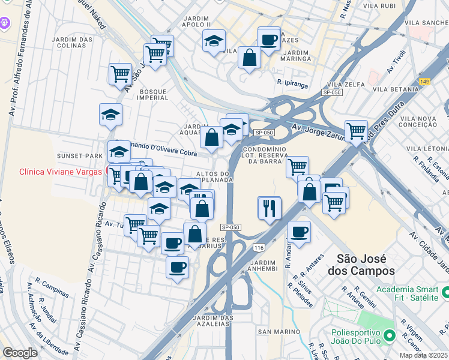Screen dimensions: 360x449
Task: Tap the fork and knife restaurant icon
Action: click(269, 208)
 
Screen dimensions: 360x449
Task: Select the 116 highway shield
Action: click(259, 247)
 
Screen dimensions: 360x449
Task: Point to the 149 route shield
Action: click(425, 82)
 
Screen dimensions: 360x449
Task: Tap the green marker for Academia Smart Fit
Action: click(444, 292)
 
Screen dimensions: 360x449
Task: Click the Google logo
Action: click(20, 352)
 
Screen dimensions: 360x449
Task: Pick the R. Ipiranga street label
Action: click(292, 82)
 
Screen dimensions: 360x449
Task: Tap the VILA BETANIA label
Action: click(395, 89)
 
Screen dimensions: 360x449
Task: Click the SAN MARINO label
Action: click(274, 331)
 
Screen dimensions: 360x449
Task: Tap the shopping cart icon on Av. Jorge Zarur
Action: click(356, 130)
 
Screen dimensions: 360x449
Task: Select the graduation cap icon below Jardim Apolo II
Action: click(214, 41)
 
